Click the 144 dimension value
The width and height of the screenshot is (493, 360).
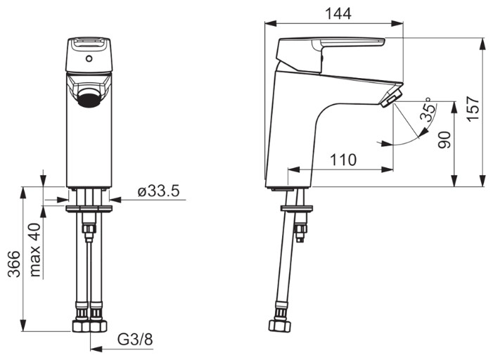[x=338, y=13]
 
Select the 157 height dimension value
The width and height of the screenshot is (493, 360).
[x=473, y=108]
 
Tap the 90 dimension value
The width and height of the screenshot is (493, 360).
[x=444, y=140]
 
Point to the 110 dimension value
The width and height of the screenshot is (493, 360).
[x=343, y=160]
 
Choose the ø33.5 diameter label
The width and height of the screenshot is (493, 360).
[x=158, y=191]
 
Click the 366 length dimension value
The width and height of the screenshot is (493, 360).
[x=14, y=264]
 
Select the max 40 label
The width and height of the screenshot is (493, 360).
[x=35, y=250]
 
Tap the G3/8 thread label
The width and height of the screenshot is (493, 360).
[x=135, y=340]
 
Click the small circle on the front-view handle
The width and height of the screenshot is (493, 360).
[x=89, y=58]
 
